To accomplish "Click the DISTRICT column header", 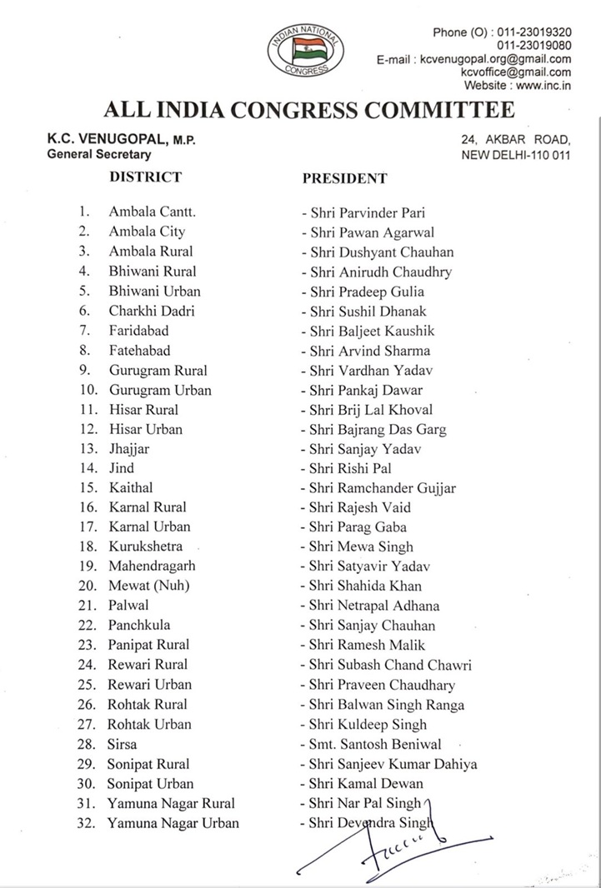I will tap(146, 177).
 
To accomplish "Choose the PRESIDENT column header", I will tap(344, 178).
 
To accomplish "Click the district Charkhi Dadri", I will tap(152, 311).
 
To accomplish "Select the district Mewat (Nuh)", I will tap(149, 586).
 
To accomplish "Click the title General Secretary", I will tap(99, 155).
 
